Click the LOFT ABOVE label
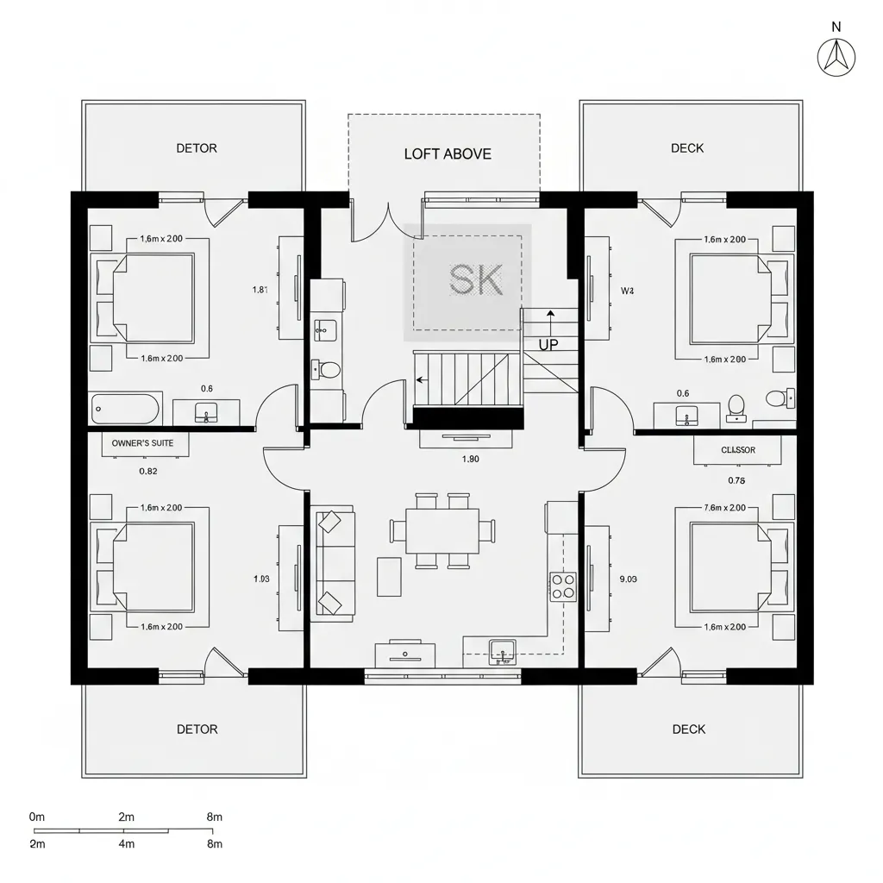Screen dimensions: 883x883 pyautogui.click(x=448, y=154)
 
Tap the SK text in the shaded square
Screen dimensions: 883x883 pyautogui.click(x=476, y=279)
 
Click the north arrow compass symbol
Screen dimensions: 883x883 pyautogui.click(x=836, y=57)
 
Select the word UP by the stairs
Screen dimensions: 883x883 pyautogui.click(x=548, y=344)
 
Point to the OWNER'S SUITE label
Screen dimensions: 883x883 pyautogui.click(x=143, y=443)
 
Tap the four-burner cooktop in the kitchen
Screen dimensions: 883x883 pyautogui.click(x=563, y=586)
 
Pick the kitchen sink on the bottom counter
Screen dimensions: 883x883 pyautogui.click(x=502, y=650)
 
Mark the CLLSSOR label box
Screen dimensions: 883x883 pyautogui.click(x=737, y=449)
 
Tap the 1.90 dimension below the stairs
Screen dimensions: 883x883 pyautogui.click(x=470, y=460)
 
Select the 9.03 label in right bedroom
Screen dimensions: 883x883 pyautogui.click(x=628, y=579)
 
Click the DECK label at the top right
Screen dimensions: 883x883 pyautogui.click(x=687, y=148)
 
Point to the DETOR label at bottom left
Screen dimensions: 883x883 pyautogui.click(x=197, y=730)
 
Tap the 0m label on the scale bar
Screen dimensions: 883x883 pyautogui.click(x=37, y=817)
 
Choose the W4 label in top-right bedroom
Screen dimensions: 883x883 pyautogui.click(x=627, y=291)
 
